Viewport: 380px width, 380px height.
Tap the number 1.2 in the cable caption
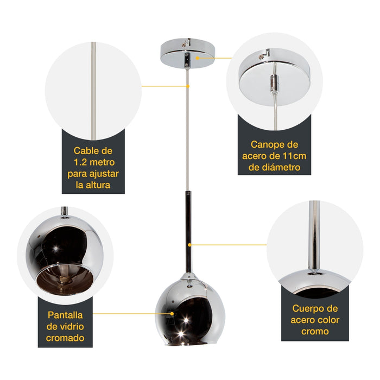[x=80, y=162]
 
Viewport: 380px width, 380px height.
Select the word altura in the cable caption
[x=98, y=185]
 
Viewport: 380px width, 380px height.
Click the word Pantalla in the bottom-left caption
[x=65, y=315]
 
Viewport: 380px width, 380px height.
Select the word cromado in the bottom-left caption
[x=65, y=338]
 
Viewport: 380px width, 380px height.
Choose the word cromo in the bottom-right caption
[x=315, y=332]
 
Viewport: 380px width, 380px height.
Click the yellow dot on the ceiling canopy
[x=198, y=58]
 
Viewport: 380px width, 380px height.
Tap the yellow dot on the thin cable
[x=188, y=86]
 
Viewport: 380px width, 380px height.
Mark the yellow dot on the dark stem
[x=189, y=245]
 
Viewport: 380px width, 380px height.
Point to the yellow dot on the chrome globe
[x=172, y=313]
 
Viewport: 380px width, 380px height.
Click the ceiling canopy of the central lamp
[x=188, y=53]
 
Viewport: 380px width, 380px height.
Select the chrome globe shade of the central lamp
[x=190, y=310]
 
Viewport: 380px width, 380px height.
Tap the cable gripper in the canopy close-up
[x=275, y=83]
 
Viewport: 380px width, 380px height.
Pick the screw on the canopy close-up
[x=261, y=57]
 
